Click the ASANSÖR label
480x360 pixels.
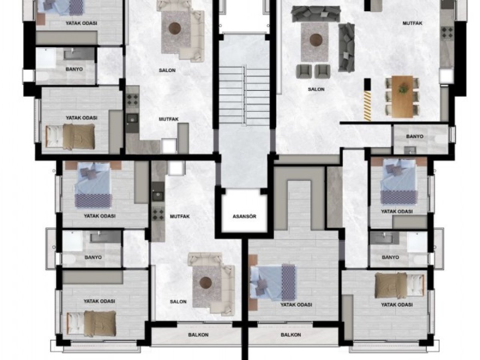point(244,216)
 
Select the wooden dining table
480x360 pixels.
point(402,97)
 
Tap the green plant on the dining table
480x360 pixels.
point(402,89)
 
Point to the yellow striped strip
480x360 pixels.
point(367,106)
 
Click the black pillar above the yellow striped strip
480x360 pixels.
point(367,84)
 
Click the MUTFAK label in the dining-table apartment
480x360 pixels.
point(412,23)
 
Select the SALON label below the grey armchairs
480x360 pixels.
point(316,89)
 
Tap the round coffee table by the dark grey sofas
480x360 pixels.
point(316,40)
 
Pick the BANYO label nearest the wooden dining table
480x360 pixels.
point(415,136)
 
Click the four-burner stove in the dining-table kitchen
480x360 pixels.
point(447,33)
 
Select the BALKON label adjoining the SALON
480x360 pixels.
point(198,335)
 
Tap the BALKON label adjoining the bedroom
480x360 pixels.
point(291,335)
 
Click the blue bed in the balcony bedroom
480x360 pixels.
point(273,282)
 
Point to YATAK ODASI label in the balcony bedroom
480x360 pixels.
point(296,304)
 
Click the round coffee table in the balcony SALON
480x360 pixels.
point(206,282)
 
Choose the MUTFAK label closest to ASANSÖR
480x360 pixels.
point(180,216)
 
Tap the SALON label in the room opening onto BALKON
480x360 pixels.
point(178,302)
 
